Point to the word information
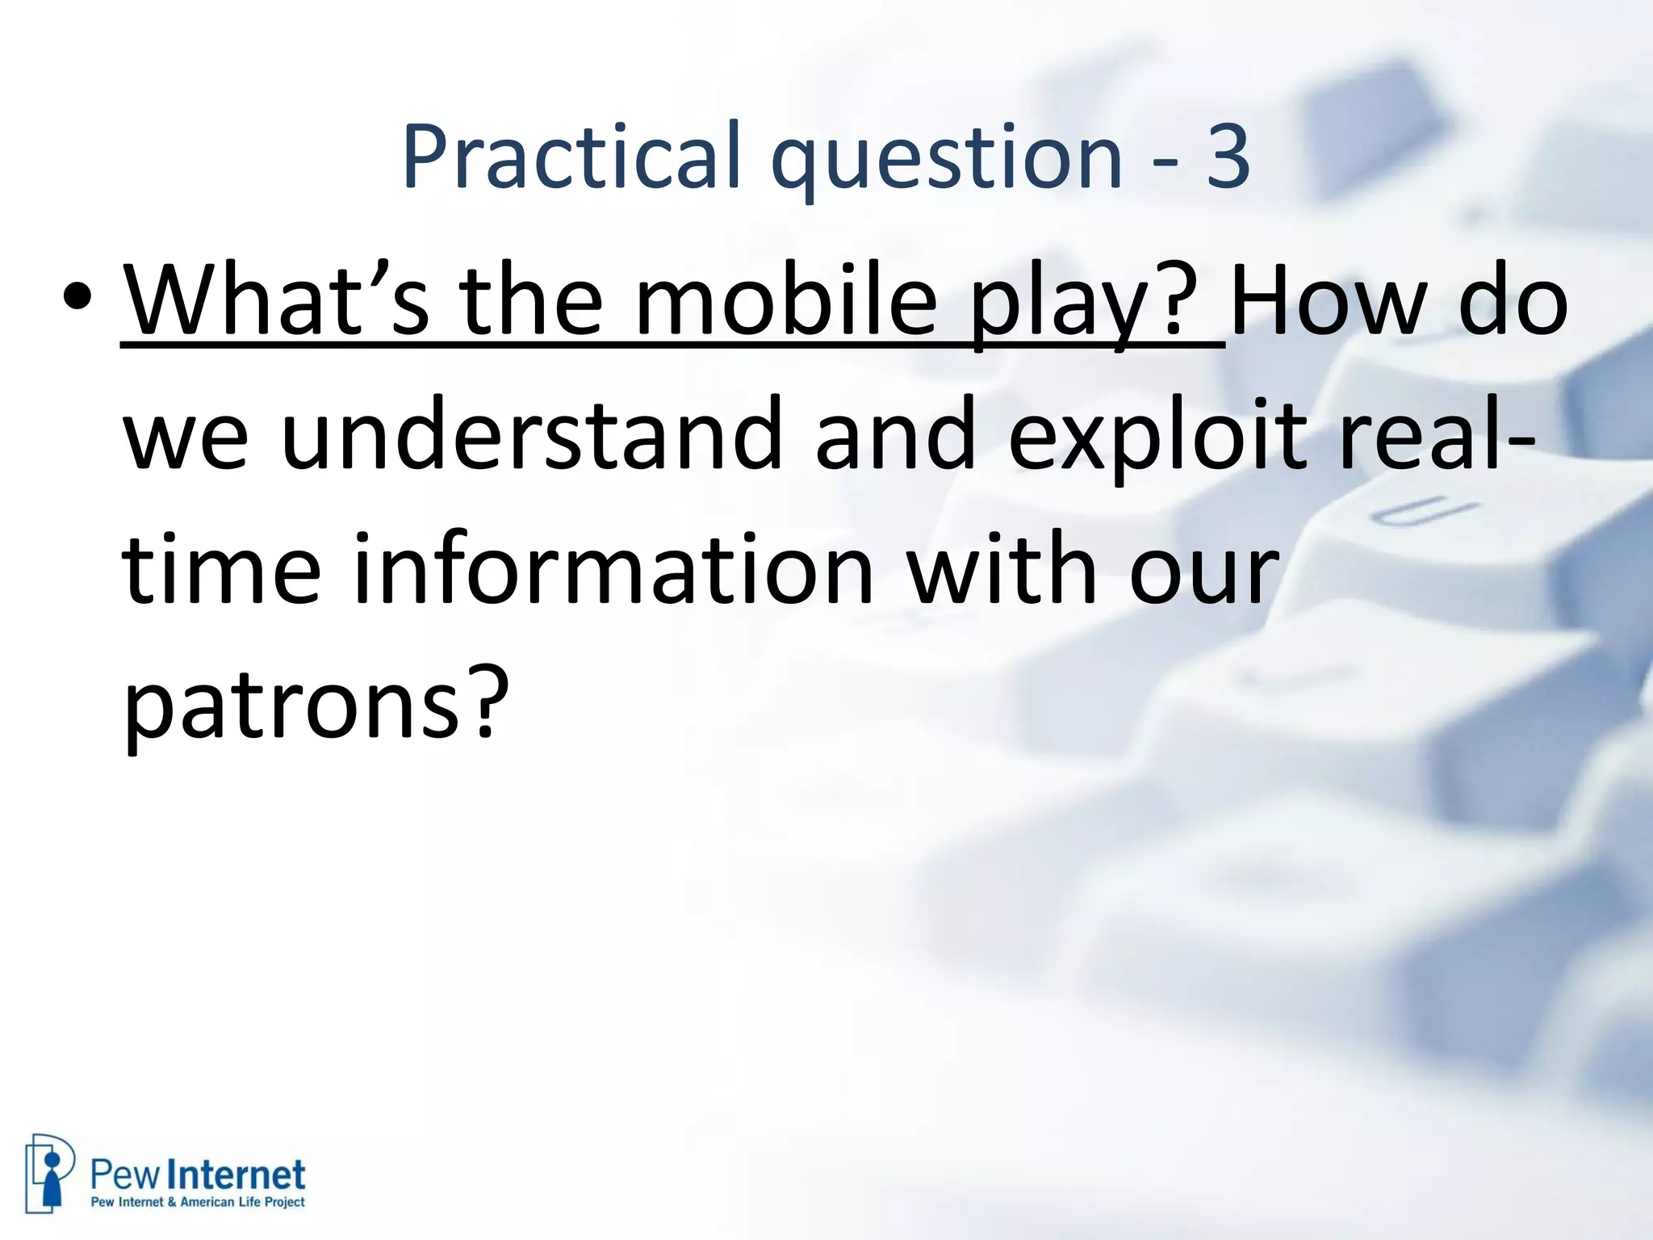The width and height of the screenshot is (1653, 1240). pos(613,570)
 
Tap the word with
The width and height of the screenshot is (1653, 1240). pos(1001,570)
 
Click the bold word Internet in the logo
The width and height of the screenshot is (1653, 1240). pos(241,1175)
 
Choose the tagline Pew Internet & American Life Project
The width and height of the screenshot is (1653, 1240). pos(198,1202)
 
